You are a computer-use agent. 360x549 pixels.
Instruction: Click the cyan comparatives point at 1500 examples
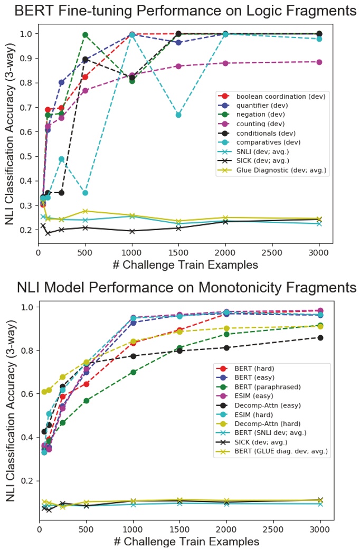(x=178, y=115)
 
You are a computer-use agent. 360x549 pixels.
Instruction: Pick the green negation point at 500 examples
(x=85, y=35)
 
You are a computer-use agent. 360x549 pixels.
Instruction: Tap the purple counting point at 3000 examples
(x=319, y=62)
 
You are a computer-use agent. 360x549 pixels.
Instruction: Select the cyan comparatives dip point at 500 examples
(x=85, y=193)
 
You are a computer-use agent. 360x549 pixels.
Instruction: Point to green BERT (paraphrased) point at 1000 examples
(x=133, y=372)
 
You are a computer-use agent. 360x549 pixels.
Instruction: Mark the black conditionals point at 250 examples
(x=61, y=193)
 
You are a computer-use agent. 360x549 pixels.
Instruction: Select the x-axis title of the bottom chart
(x=186, y=542)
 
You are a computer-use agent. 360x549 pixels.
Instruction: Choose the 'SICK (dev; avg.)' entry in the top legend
(x=259, y=160)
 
